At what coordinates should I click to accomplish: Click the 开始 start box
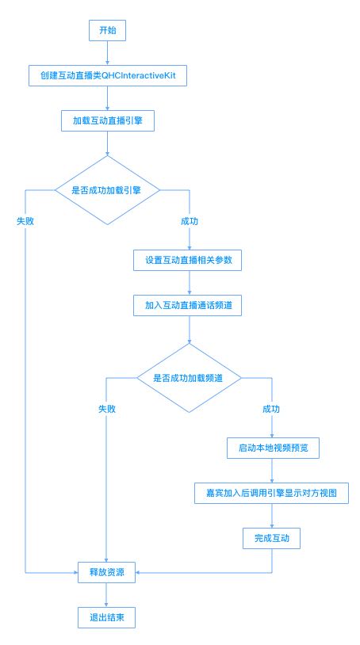point(107,30)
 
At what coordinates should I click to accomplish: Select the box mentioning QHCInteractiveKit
point(108,76)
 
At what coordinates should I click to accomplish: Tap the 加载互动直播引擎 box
point(108,121)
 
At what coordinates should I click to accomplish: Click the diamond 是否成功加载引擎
point(107,190)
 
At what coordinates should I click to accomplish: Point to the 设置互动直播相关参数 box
point(188,260)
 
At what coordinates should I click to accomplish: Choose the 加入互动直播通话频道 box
point(188,305)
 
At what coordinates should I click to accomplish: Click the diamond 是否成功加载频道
point(189,378)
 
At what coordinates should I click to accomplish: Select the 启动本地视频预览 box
point(274,448)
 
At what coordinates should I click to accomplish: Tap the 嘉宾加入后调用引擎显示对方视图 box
point(271,493)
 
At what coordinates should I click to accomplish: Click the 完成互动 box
point(271,538)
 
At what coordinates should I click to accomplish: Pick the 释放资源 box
point(106,572)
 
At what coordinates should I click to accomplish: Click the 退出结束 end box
point(106,617)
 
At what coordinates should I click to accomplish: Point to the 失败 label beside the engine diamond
point(25,221)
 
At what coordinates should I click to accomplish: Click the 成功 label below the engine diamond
point(190,221)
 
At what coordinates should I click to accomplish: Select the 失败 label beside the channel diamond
point(107,409)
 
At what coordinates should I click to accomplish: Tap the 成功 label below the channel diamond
point(271,409)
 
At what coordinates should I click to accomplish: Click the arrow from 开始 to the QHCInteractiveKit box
point(107,53)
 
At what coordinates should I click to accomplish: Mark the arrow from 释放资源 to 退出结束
point(106,595)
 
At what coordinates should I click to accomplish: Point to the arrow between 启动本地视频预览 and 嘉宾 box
point(271,471)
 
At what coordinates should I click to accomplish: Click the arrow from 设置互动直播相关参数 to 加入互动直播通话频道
point(190,283)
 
